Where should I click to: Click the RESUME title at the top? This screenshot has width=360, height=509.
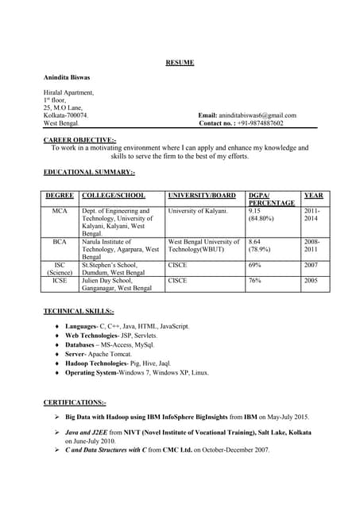tap(180, 62)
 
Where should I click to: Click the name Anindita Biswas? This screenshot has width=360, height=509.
tap(66, 77)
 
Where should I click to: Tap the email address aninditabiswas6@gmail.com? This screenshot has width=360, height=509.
tap(261, 115)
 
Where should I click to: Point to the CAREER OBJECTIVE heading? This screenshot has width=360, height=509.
tap(79, 140)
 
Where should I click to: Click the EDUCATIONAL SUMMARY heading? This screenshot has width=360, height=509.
tap(89, 172)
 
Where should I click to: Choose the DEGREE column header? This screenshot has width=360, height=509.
tap(60, 195)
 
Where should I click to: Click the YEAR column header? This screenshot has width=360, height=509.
tap(312, 195)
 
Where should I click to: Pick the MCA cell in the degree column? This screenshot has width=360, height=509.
tap(60, 212)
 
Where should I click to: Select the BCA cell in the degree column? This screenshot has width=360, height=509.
tap(60, 242)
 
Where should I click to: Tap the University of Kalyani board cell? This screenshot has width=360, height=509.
tap(198, 212)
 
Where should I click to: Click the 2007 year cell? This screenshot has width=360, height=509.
tap(311, 265)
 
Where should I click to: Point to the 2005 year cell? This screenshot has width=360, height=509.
tap(311, 280)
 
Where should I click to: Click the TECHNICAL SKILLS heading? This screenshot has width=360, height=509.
tap(79, 311)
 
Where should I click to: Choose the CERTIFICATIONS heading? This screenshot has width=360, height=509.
tap(75, 402)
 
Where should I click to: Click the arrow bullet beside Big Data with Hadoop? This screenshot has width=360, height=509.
tap(56, 417)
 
